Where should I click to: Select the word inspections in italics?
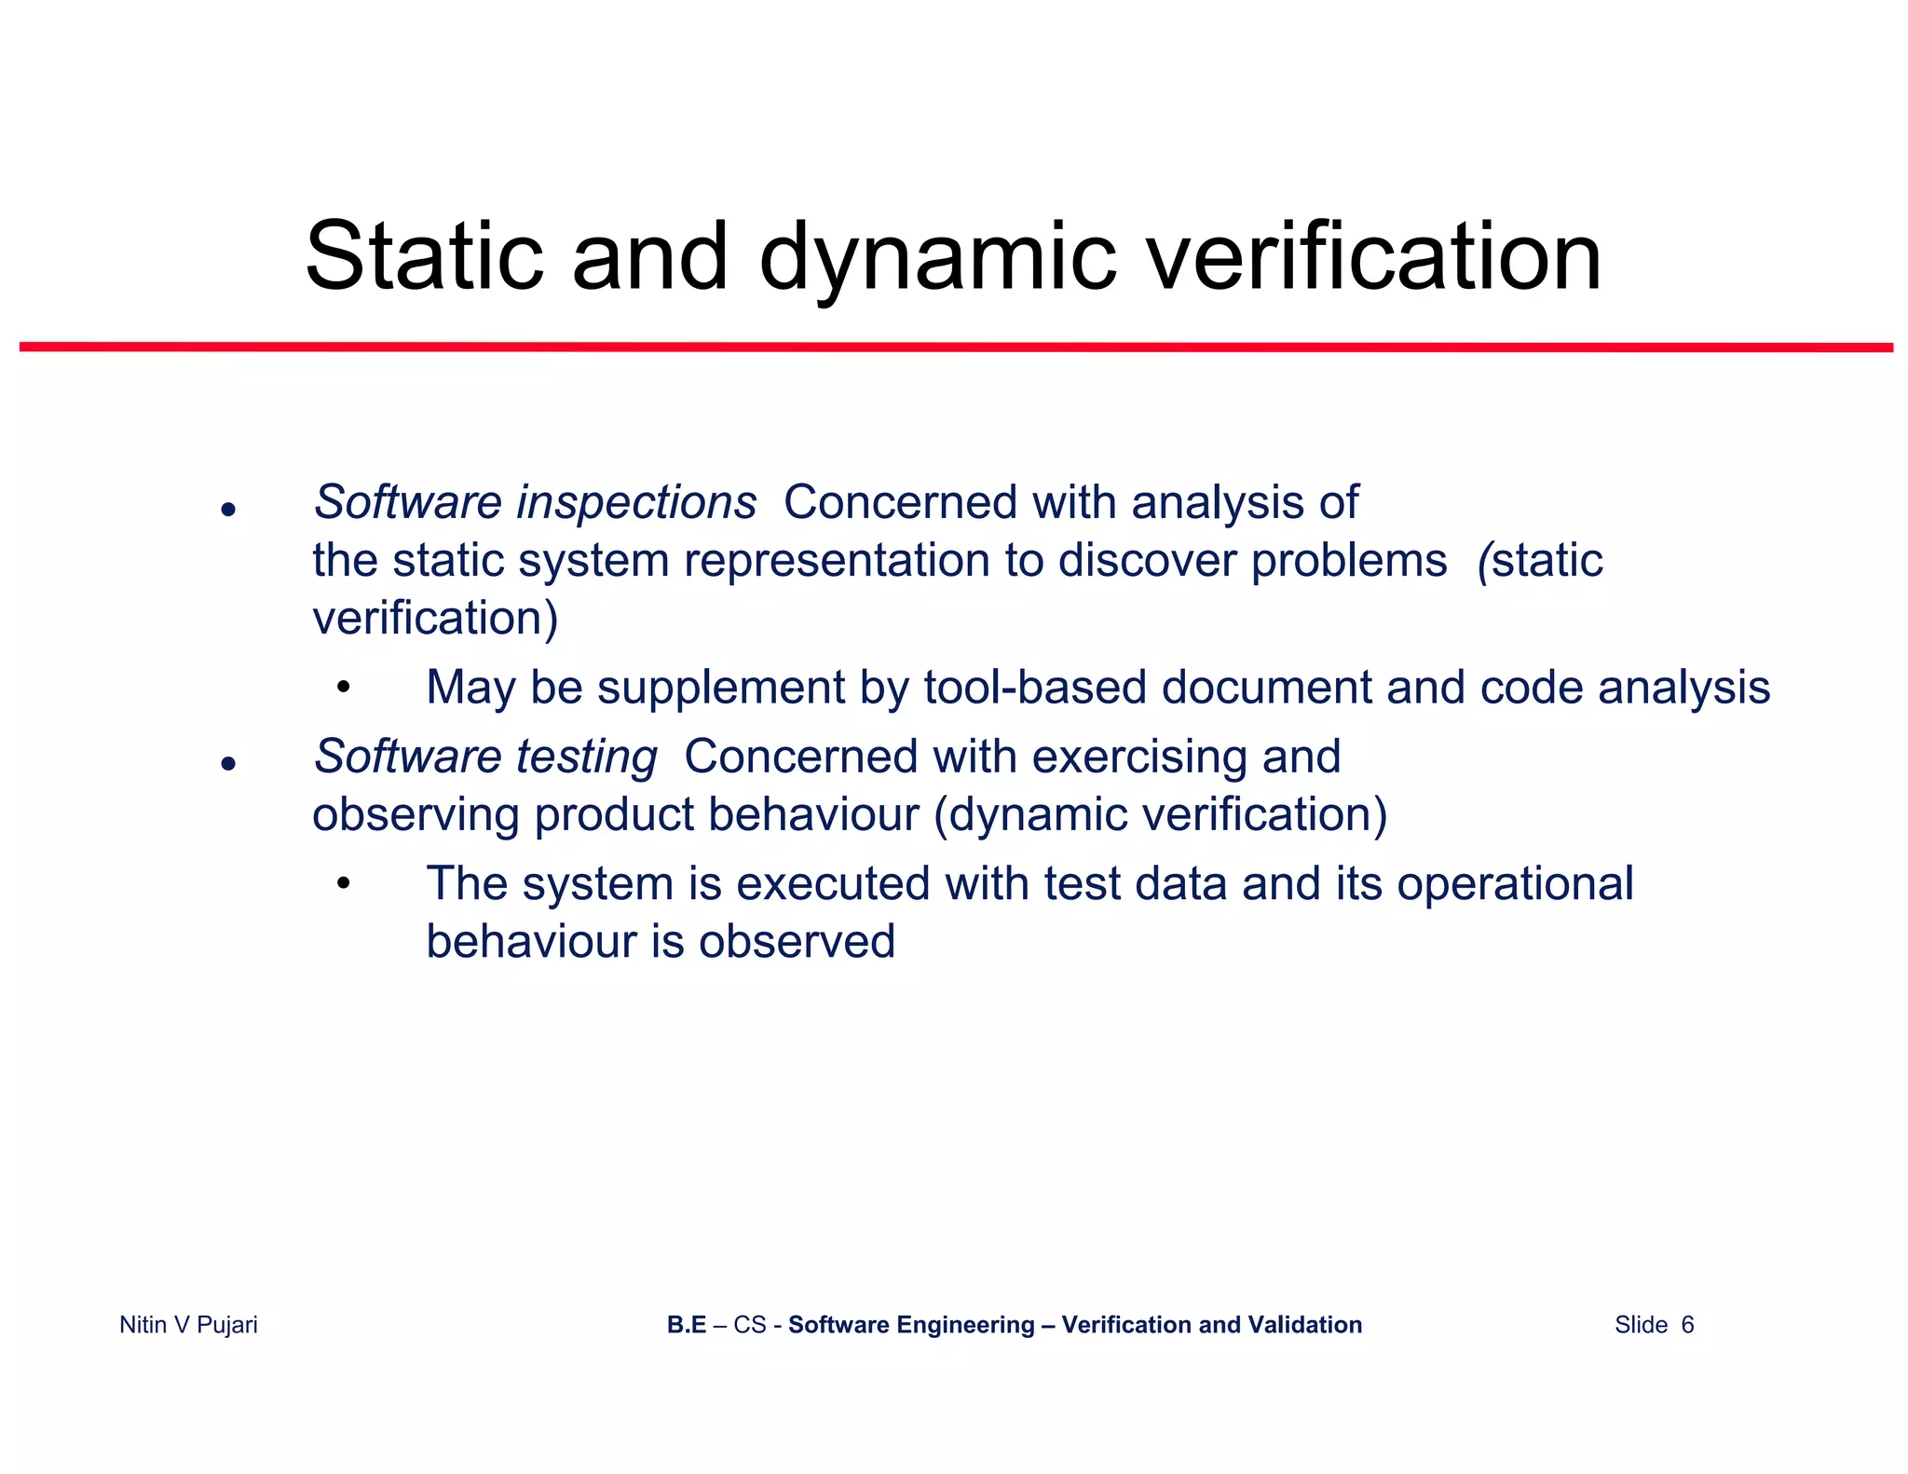[x=636, y=503]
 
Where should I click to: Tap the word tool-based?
[x=1035, y=688]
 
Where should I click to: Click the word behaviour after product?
[x=812, y=814]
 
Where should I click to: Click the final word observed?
[x=797, y=942]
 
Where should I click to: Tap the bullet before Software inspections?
[x=228, y=510]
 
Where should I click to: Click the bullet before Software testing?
[x=228, y=764]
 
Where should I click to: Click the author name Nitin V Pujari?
[x=188, y=1325]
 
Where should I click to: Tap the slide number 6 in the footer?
[x=1687, y=1325]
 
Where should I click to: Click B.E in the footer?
[x=687, y=1325]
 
